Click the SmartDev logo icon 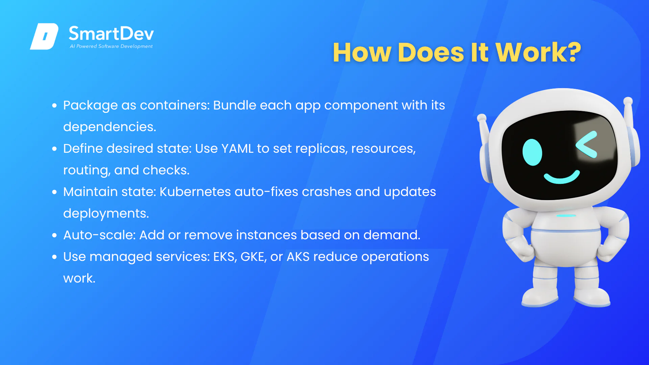[x=44, y=36]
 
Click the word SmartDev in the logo [x=111, y=33]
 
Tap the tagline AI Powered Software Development [x=111, y=46]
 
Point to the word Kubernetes [x=195, y=192]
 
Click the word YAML [x=237, y=148]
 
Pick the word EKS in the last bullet [x=225, y=257]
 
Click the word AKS [x=298, y=257]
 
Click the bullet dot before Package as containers [x=54, y=105]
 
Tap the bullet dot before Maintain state [x=54, y=192]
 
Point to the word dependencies [x=110, y=127]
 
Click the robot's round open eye [x=532, y=152]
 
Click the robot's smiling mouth [x=561, y=177]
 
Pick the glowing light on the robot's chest [x=566, y=216]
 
